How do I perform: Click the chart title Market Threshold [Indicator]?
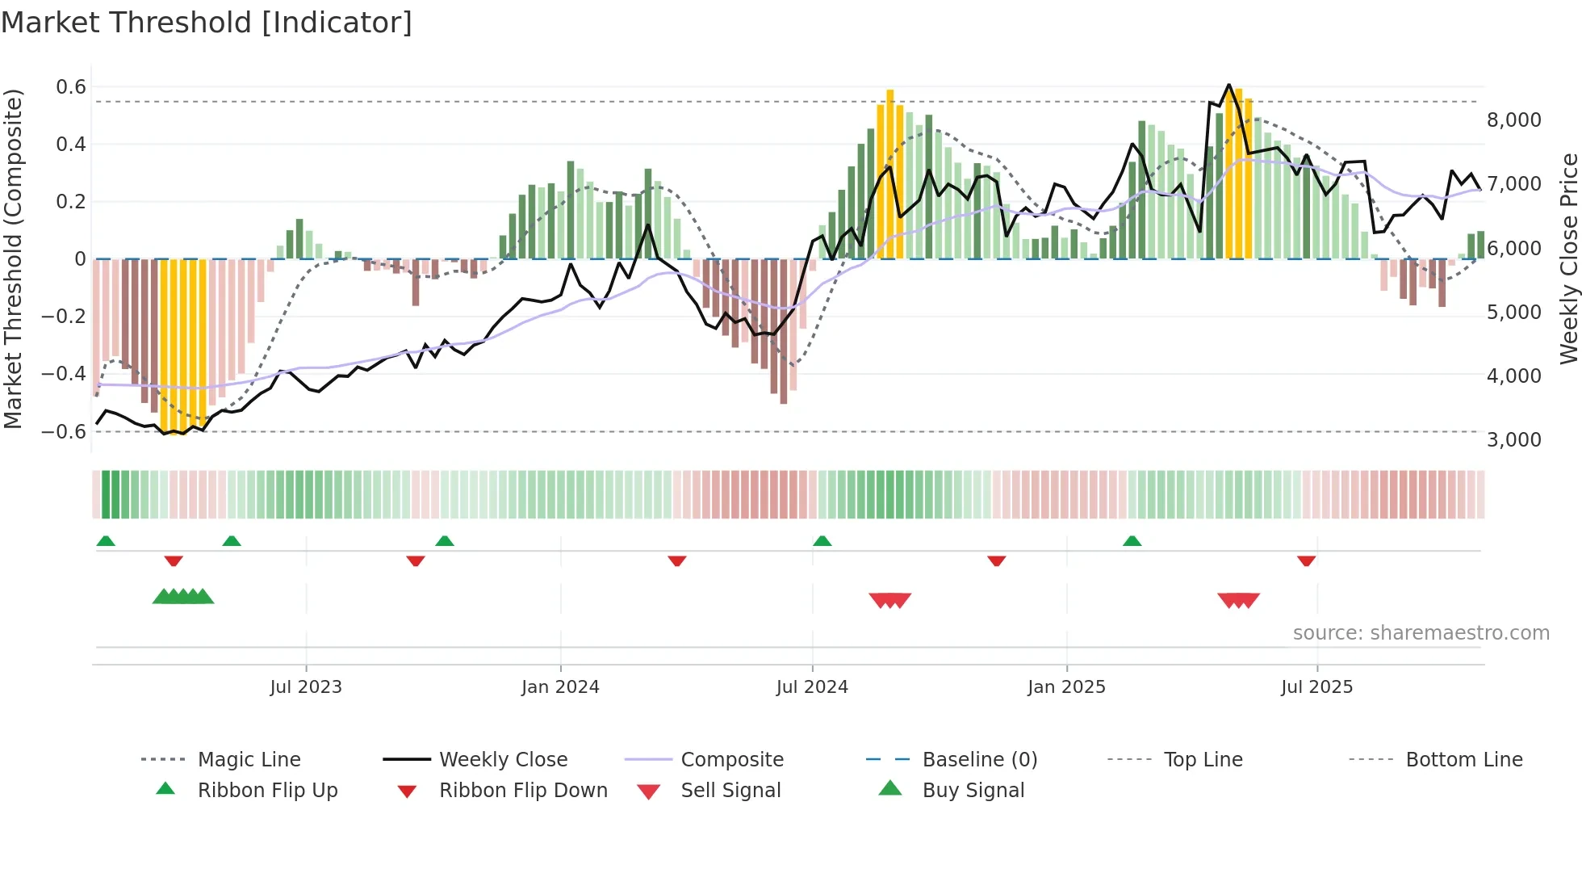coord(207,23)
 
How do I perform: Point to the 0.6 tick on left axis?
coord(70,87)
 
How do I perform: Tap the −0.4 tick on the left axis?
coord(64,374)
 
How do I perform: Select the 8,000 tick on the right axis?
coord(1513,120)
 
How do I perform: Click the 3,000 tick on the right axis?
coord(1513,440)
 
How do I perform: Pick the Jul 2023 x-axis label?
coord(306,687)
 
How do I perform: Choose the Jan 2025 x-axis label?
coord(1066,687)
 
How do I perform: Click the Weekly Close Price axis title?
coord(1568,258)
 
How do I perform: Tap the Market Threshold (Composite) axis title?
coord(13,258)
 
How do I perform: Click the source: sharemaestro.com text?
coord(1421,633)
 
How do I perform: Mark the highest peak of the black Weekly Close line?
coord(1229,85)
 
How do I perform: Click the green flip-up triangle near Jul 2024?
coord(822,541)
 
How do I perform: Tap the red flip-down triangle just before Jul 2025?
coord(1306,560)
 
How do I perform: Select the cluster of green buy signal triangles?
coord(183,597)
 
